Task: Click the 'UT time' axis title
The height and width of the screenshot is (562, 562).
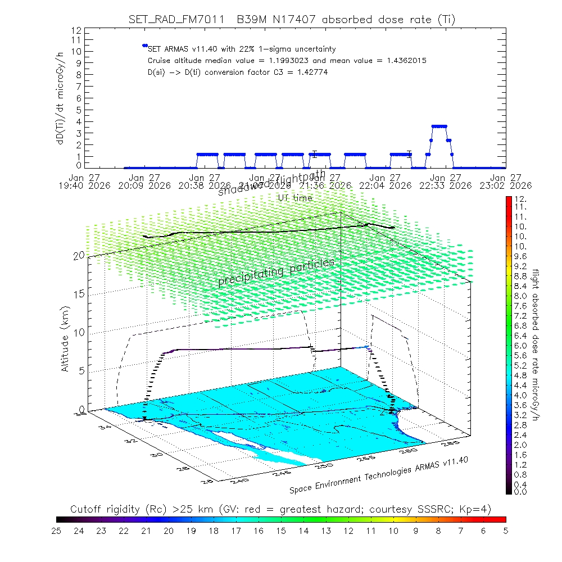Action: click(295, 198)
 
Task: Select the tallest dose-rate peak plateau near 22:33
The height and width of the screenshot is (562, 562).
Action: click(439, 126)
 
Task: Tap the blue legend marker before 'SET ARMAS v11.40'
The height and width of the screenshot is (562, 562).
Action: click(144, 46)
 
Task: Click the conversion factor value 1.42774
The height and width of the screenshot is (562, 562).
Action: click(309, 72)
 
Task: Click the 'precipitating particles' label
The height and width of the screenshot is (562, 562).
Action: click(276, 271)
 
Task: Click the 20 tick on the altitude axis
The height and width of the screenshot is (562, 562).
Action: click(79, 256)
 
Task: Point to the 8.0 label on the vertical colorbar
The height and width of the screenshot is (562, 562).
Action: click(519, 296)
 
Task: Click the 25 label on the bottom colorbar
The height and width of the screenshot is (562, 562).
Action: click(57, 530)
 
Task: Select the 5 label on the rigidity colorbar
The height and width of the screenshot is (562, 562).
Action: click(505, 530)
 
